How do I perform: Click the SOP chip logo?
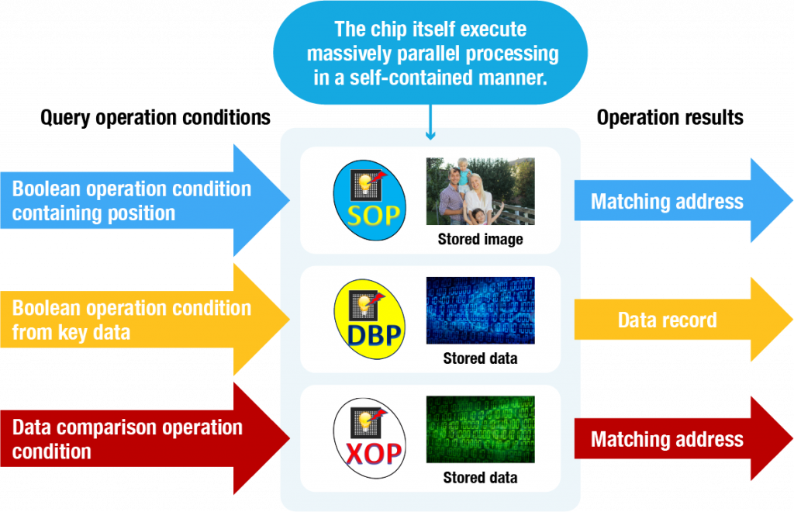pyautogui.click(x=370, y=200)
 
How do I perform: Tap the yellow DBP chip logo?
pyautogui.click(x=370, y=319)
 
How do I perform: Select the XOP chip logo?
pyautogui.click(x=370, y=438)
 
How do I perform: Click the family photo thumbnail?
pyautogui.click(x=481, y=191)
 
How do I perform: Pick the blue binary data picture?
pyautogui.click(x=481, y=310)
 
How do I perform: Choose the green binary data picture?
pyautogui.click(x=481, y=430)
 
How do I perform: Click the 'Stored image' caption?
pyautogui.click(x=481, y=239)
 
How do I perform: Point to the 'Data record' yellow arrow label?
pyautogui.click(x=668, y=320)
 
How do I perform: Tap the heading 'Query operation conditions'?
pyautogui.click(x=155, y=117)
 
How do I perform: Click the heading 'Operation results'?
pyautogui.click(x=670, y=117)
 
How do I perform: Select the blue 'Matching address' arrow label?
pyautogui.click(x=667, y=202)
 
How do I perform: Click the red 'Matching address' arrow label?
pyautogui.click(x=667, y=440)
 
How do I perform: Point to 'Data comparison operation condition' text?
pyautogui.click(x=127, y=439)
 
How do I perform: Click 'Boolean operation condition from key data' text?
pyautogui.click(x=132, y=320)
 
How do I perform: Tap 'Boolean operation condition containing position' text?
pyautogui.click(x=132, y=201)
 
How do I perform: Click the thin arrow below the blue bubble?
pyautogui.click(x=430, y=122)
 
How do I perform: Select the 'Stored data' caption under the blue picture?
pyautogui.click(x=481, y=358)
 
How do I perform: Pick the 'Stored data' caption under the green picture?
pyautogui.click(x=481, y=478)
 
